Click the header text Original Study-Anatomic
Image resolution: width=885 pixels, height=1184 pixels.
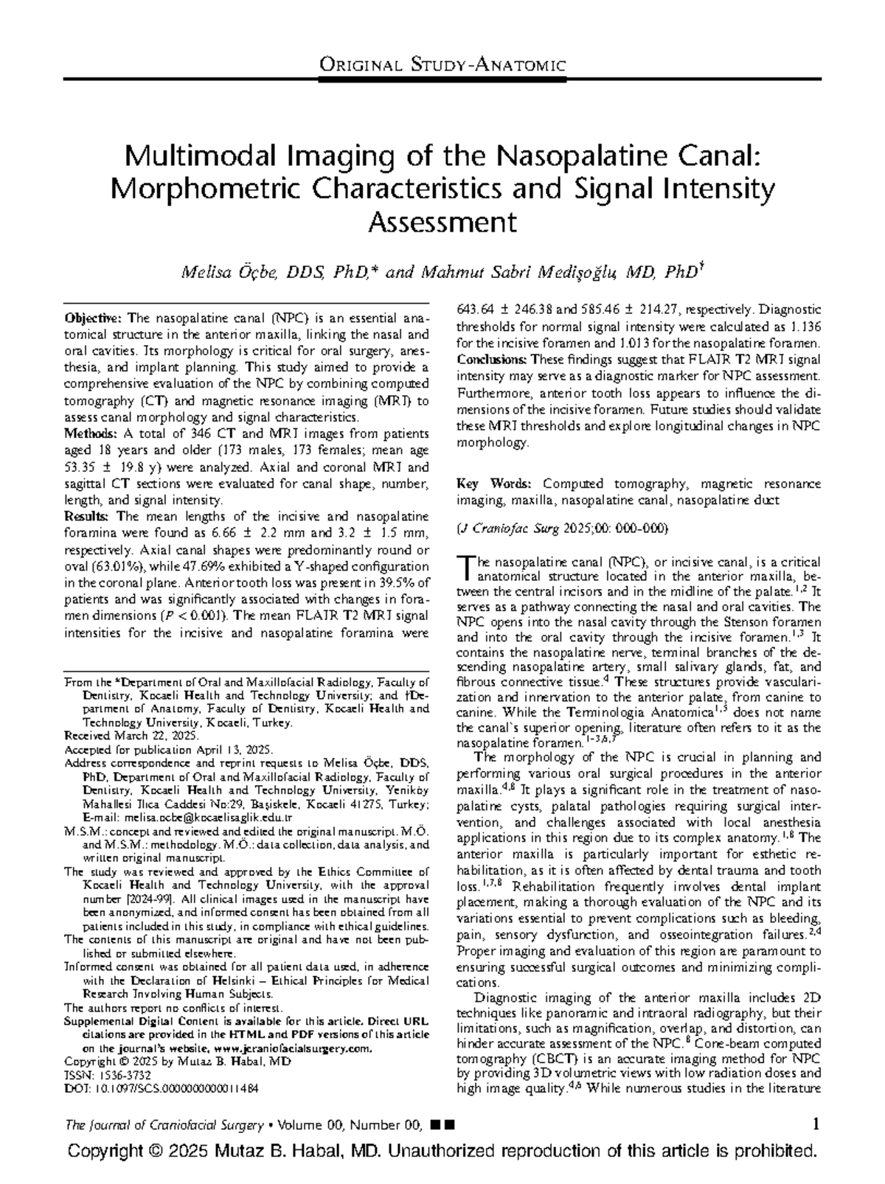tap(442, 66)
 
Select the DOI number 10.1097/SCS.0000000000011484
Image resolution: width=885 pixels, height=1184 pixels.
tap(174, 1087)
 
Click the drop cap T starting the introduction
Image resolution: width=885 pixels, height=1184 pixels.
tap(463, 566)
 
